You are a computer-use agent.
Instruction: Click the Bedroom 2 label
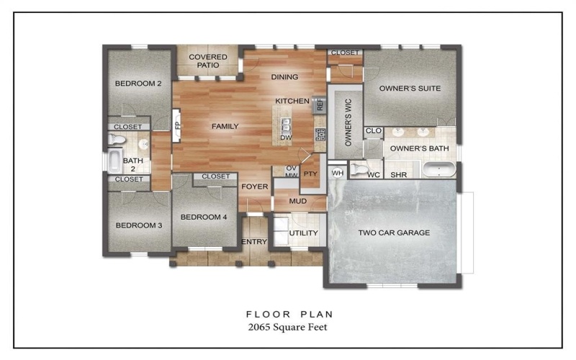pyautogui.click(x=138, y=84)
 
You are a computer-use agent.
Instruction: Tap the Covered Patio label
pyautogui.click(x=207, y=61)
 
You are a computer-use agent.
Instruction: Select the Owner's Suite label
pyautogui.click(x=410, y=89)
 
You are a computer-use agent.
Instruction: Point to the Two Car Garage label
pyautogui.click(x=394, y=233)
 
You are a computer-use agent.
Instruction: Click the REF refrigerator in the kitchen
pyautogui.click(x=320, y=105)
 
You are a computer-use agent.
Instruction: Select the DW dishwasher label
pyautogui.click(x=286, y=138)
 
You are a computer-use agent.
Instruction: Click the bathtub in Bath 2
pyautogui.click(x=115, y=160)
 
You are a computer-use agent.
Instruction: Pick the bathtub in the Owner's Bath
pyautogui.click(x=438, y=172)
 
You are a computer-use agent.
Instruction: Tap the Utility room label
pyautogui.click(x=303, y=233)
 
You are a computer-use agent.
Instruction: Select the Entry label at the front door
pyautogui.click(x=253, y=241)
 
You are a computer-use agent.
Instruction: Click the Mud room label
pyautogui.click(x=298, y=201)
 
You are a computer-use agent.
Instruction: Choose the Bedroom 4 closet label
pyautogui.click(x=215, y=176)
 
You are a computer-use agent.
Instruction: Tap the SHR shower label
pyautogui.click(x=397, y=175)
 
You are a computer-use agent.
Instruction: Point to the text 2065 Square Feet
pyautogui.click(x=289, y=328)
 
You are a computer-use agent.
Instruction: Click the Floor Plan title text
pyautogui.click(x=289, y=314)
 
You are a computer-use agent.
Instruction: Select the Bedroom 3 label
pyautogui.click(x=138, y=225)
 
